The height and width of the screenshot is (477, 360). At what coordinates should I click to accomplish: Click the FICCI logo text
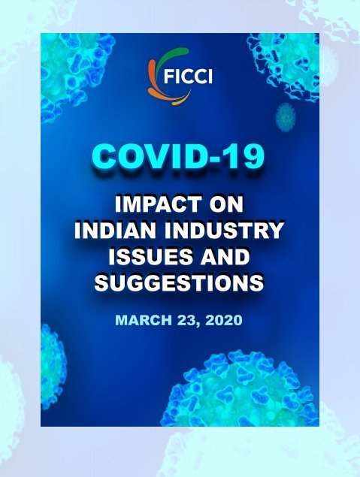point(188,76)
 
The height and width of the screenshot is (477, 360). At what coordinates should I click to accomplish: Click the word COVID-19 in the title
point(178,157)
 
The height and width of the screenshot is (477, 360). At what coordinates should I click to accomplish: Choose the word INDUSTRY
point(225,231)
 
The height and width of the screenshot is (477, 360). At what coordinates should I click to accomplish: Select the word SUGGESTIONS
point(179,282)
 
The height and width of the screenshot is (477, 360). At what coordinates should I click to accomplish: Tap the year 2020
point(224,320)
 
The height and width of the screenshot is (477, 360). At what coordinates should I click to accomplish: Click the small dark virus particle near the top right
point(286,117)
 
